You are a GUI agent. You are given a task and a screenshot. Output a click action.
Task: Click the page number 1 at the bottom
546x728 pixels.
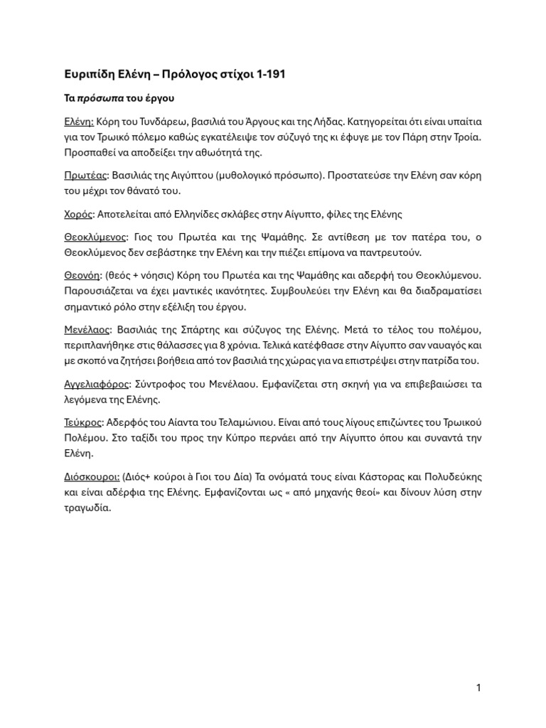(478, 687)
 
